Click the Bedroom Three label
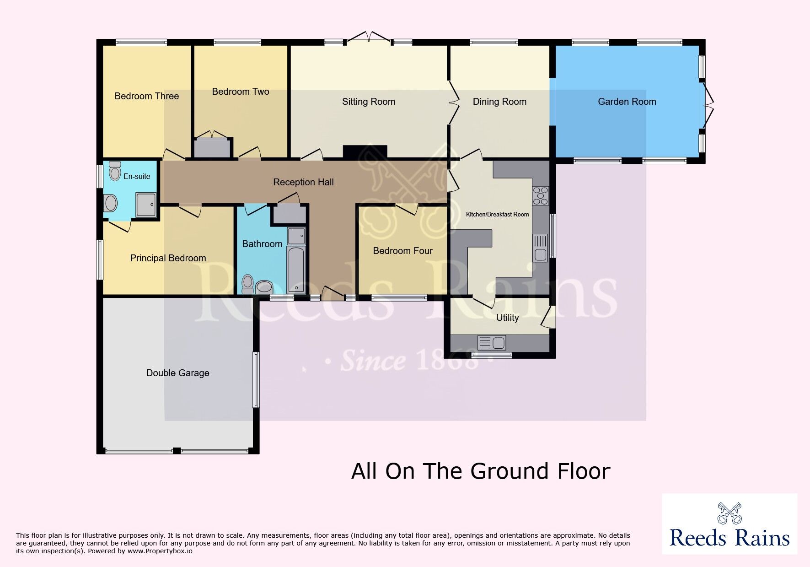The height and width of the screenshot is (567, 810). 146,96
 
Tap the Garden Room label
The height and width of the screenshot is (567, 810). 627,102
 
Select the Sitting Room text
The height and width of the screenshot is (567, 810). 369,102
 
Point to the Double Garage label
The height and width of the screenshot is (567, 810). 177,373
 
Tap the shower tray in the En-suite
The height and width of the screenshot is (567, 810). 146,204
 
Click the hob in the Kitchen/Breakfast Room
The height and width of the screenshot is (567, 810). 540,196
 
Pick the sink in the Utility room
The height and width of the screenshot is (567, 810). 491,343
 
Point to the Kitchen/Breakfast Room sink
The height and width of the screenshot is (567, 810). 540,248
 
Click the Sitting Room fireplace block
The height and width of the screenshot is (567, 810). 365,152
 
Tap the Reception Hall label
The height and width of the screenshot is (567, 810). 303,182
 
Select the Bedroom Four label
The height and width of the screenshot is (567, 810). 402,251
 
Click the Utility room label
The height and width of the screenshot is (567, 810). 508,318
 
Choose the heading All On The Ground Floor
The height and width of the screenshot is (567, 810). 481,471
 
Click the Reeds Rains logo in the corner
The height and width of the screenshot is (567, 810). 730,524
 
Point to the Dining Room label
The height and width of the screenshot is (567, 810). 499,102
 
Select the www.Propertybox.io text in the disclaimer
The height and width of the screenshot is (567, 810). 160,551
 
